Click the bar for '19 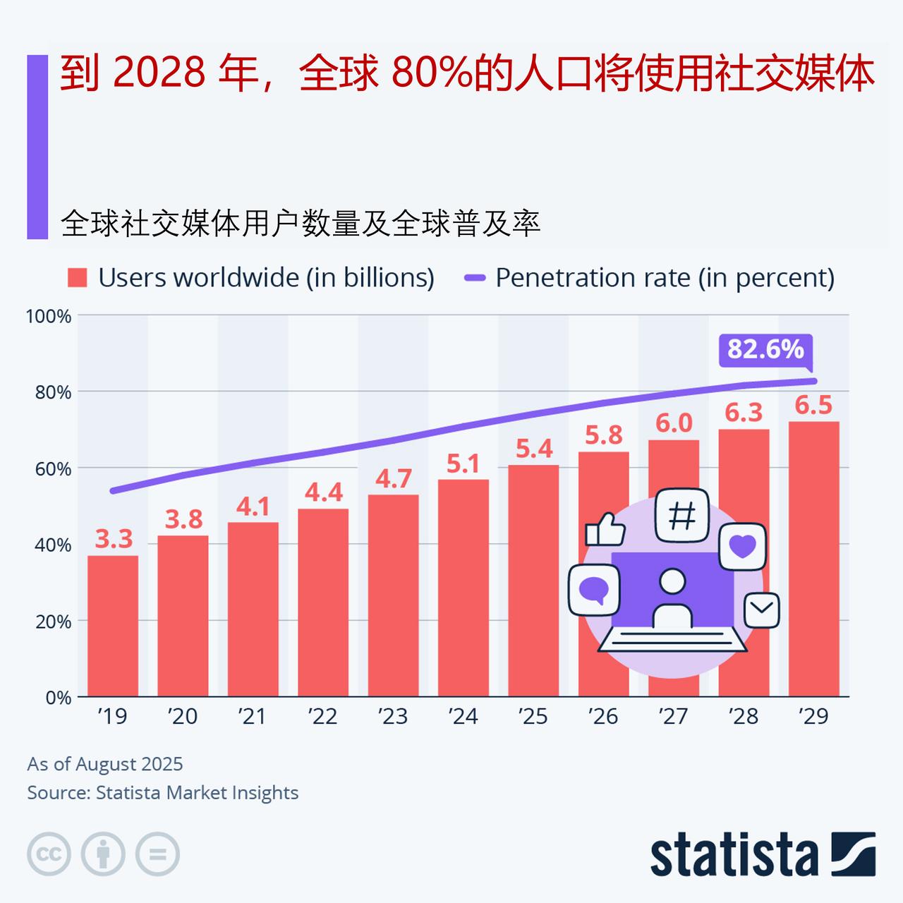click(x=113, y=626)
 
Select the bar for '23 click(x=393, y=595)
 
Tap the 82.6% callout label click(x=765, y=350)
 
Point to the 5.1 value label click(x=463, y=464)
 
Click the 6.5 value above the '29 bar click(x=813, y=406)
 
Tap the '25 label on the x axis click(x=533, y=717)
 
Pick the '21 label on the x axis click(x=252, y=717)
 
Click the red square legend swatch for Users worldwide click(x=77, y=278)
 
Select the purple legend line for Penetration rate click(x=475, y=278)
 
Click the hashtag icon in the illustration click(x=681, y=515)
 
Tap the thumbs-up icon click(x=605, y=529)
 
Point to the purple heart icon click(x=742, y=547)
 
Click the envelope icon click(x=762, y=610)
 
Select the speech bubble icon click(x=594, y=590)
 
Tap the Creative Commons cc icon click(x=49, y=854)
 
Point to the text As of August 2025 click(x=105, y=764)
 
